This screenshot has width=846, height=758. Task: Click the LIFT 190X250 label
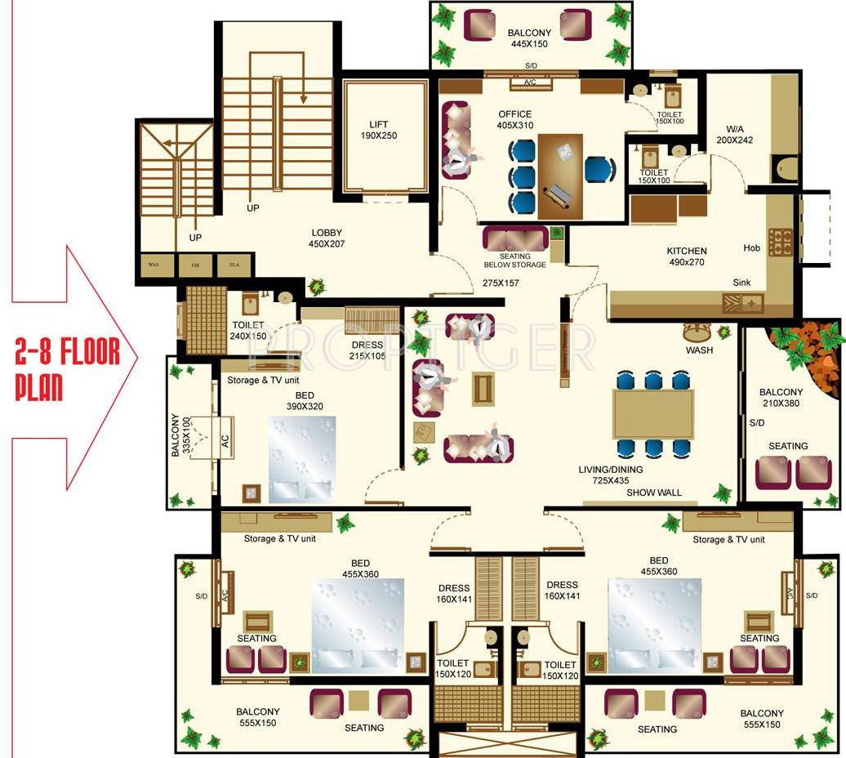coord(378,130)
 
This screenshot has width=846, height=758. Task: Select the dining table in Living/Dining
coord(653,413)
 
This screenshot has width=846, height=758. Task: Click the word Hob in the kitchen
coord(751,248)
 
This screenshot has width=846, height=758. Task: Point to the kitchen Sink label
coord(741,283)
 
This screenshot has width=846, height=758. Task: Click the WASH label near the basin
coord(699,350)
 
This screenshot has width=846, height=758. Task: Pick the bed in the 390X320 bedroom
coord(302,460)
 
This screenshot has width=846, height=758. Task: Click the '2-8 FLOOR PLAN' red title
coord(68,368)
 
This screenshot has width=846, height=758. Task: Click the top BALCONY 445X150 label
coord(529,38)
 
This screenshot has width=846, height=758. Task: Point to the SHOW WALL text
coord(654,493)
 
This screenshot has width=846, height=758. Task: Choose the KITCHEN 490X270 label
coord(687,256)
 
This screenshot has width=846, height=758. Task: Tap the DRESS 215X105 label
coord(367,350)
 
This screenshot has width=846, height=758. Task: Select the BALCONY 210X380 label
coord(780,398)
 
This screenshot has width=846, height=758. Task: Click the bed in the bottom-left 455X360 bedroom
coord(358,625)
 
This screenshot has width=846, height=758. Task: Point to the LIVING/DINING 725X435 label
coord(612,475)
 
